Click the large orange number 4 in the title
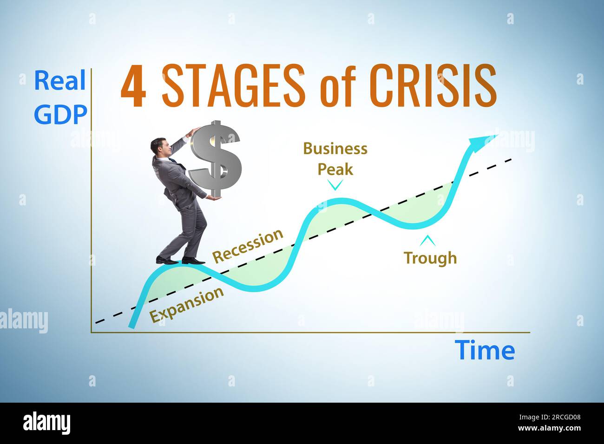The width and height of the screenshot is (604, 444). click(134, 87)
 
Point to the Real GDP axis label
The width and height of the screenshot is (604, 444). click(60, 98)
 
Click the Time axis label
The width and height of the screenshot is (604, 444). click(485, 350)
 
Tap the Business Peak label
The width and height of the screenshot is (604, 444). click(335, 159)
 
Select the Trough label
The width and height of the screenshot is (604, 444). click(430, 257)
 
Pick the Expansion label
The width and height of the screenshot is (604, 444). click(187, 305)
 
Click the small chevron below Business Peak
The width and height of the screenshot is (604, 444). click(335, 185)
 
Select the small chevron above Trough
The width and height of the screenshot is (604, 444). click(427, 241)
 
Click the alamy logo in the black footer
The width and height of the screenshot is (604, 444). click(46, 423)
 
